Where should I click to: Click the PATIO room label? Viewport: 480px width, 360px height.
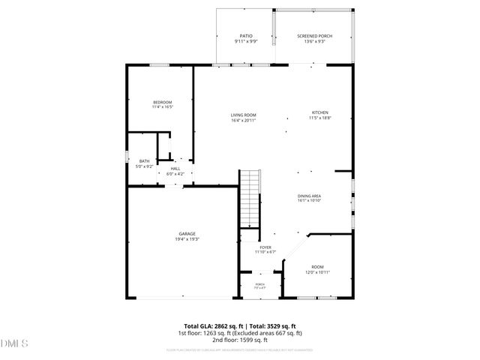click(x=245, y=35)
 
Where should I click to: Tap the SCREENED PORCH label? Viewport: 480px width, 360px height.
click(x=314, y=35)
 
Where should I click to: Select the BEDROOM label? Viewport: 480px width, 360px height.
click(x=163, y=102)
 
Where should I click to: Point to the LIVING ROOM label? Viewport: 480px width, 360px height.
click(x=244, y=114)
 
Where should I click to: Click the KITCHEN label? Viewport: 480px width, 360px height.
click(x=320, y=112)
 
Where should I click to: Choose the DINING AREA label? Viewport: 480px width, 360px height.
click(x=309, y=195)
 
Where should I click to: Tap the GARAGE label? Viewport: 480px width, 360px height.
click(x=187, y=233)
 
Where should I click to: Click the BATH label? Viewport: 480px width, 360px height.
click(x=144, y=161)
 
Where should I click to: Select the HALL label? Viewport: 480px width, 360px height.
click(x=175, y=169)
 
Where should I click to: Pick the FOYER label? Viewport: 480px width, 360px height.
click(x=265, y=247)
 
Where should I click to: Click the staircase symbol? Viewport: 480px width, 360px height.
click(x=250, y=198)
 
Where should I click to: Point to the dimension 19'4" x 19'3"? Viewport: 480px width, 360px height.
click(x=187, y=239)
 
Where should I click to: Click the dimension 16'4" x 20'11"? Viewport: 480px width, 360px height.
click(x=244, y=120)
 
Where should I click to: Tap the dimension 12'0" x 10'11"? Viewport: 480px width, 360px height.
click(x=318, y=272)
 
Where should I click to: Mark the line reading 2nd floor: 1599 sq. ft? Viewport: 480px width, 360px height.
click(x=240, y=340)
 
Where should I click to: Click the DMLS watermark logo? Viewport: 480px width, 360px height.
click(x=13, y=343)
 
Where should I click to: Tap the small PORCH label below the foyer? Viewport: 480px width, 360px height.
click(x=260, y=284)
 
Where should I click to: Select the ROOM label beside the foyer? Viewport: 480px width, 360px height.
click(x=318, y=266)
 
